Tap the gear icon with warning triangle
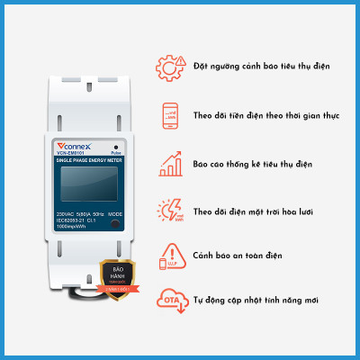pos(168,67)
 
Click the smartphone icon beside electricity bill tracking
pos(168,115)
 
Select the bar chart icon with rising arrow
pos(168,164)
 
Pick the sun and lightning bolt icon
pos(168,211)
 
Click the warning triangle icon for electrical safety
pos(168,257)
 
